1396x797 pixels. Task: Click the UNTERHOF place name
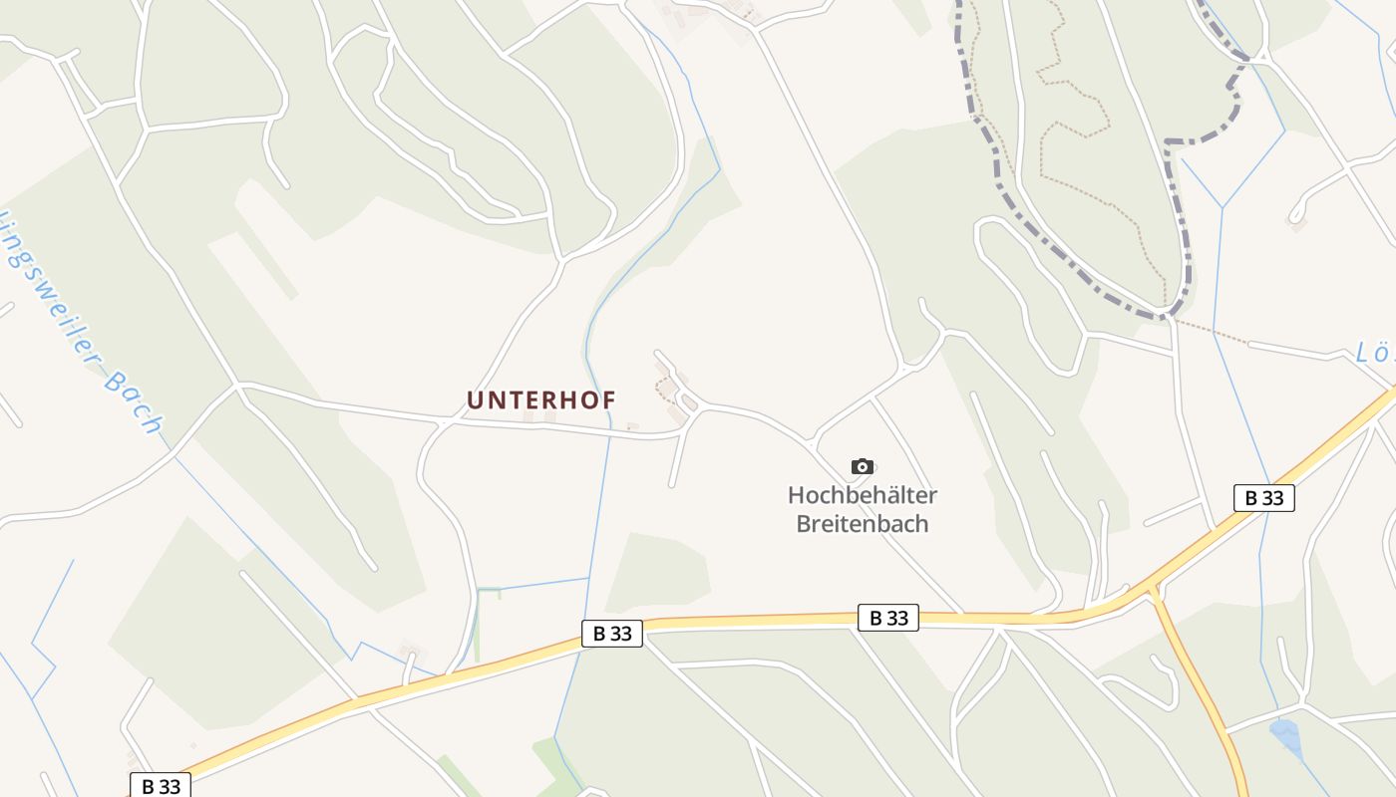(541, 399)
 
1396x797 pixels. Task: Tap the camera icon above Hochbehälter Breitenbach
(863, 466)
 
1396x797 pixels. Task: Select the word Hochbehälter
(863, 494)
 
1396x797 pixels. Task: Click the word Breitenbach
(863, 524)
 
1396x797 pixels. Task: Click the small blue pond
(1285, 736)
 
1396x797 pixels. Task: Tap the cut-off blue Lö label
(1376, 352)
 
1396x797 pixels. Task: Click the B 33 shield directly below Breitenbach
(886, 618)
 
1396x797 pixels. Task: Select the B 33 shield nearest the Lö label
(1263, 498)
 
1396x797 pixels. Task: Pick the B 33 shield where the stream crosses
(611, 633)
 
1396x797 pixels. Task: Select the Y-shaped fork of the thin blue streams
(1222, 207)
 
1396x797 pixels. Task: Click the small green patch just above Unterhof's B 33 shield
(658, 573)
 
